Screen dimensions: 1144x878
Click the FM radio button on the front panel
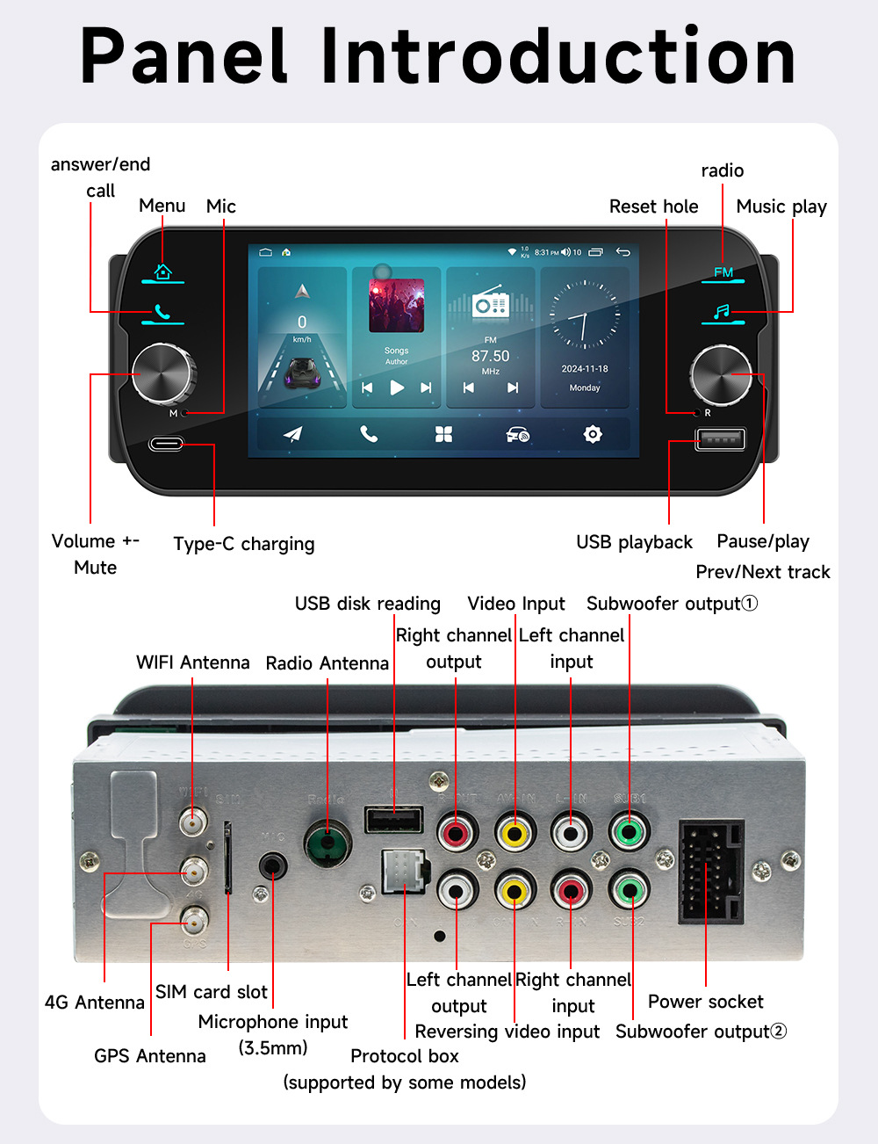point(723,272)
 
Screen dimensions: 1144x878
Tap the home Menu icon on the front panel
point(162,272)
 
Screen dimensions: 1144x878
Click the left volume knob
point(163,374)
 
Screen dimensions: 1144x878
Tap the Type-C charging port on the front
point(166,444)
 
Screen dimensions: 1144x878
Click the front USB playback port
point(720,438)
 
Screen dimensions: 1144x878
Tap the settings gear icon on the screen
point(593,434)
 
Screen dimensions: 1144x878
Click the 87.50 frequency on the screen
point(490,356)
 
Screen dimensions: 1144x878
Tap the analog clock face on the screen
point(584,315)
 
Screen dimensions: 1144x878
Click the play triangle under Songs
point(397,387)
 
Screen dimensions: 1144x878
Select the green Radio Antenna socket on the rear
point(327,844)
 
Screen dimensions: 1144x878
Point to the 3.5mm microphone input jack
point(273,866)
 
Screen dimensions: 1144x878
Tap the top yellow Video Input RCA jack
point(515,831)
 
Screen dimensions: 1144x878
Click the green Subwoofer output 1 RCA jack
point(629,830)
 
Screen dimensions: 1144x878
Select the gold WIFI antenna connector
point(191,822)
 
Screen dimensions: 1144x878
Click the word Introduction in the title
point(559,57)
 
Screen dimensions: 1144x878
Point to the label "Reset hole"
point(653,206)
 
